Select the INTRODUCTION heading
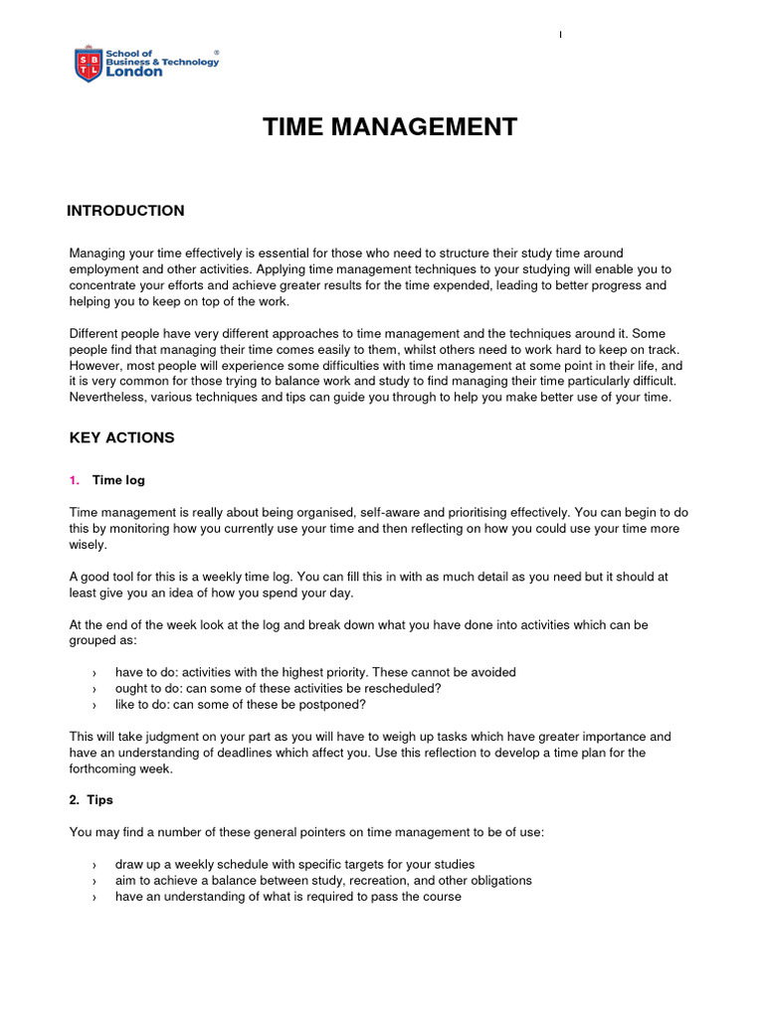coord(125,211)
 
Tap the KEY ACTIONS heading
coord(121,437)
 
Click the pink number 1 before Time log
coord(74,480)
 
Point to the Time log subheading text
coord(118,480)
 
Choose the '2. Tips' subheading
coord(92,799)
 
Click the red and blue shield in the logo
coord(88,64)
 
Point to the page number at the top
coord(560,36)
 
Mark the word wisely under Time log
coord(87,545)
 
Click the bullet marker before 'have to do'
coord(94,673)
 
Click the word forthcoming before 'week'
coord(105,768)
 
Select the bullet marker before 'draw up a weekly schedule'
coord(94,865)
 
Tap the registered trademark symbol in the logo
coord(217,51)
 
